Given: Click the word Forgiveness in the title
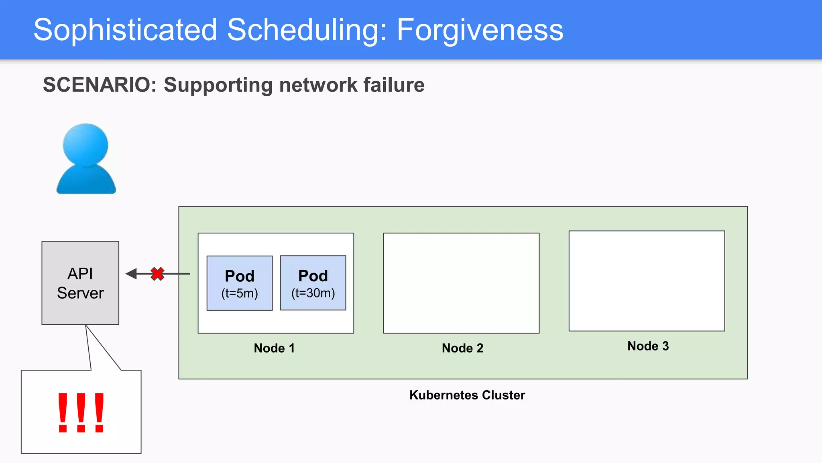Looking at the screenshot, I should click(480, 30).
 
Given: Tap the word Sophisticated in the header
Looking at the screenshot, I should click(125, 30).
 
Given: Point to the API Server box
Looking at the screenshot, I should click(80, 283).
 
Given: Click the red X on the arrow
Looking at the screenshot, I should click(157, 274).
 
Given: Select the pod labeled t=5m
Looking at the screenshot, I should click(240, 283).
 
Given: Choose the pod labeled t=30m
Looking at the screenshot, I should click(313, 283).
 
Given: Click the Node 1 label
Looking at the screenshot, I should click(274, 348).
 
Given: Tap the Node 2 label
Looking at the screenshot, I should click(462, 348).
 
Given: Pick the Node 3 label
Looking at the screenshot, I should click(648, 346).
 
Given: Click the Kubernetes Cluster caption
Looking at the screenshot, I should click(467, 395).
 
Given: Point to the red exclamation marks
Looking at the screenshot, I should click(81, 413).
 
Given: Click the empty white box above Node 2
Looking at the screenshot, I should click(461, 283).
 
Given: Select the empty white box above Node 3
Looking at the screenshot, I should click(647, 281).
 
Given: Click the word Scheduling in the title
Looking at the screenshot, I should click(307, 30).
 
